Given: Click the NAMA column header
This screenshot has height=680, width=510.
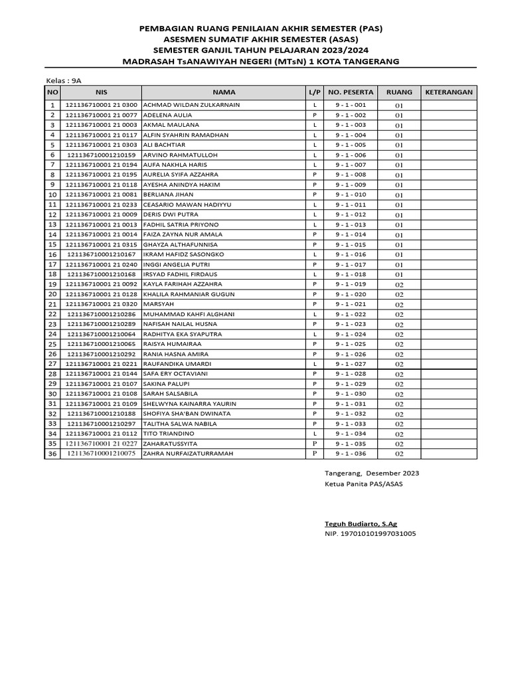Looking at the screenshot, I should pyautogui.click(x=224, y=92).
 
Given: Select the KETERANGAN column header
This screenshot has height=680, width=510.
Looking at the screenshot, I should pyautogui.click(x=448, y=92).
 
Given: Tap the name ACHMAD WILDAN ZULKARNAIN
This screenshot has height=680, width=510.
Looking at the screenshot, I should pyautogui.click(x=191, y=105).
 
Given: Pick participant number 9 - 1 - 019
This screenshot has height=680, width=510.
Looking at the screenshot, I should pyautogui.click(x=350, y=284).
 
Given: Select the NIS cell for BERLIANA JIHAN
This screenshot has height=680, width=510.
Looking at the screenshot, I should pyautogui.click(x=101, y=195).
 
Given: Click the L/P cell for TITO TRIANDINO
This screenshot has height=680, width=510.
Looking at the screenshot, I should pyautogui.click(x=314, y=434).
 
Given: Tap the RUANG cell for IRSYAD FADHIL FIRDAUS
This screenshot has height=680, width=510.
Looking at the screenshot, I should pyautogui.click(x=399, y=274).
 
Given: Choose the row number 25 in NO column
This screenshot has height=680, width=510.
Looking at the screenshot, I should pyautogui.click(x=52, y=344).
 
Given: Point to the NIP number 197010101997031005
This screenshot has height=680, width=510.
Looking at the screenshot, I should pyautogui.click(x=370, y=533).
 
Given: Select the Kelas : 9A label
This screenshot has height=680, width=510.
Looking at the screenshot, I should pyautogui.click(x=63, y=80).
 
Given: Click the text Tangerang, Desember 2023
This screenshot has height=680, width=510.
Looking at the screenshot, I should pyautogui.click(x=371, y=473).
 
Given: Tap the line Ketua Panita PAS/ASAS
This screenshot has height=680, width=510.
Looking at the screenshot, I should pyautogui.click(x=363, y=483).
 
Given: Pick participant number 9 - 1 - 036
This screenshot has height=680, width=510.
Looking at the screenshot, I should pyautogui.click(x=350, y=454).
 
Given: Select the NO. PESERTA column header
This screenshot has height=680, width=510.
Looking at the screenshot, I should pyautogui.click(x=351, y=92).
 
